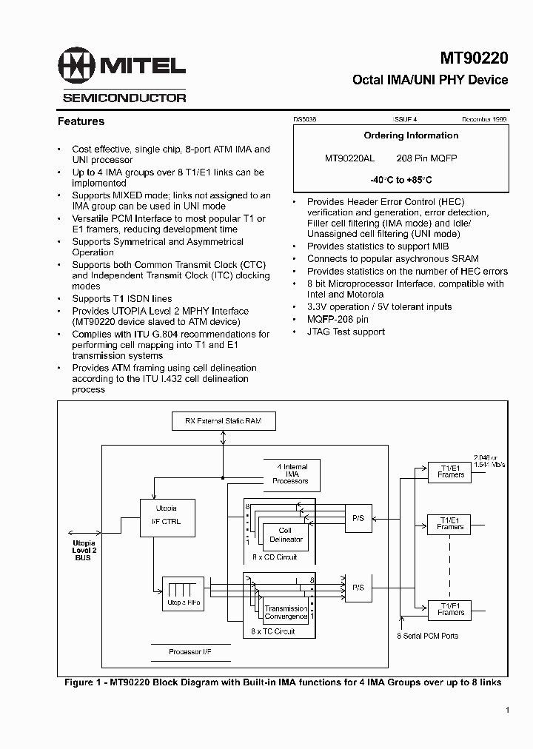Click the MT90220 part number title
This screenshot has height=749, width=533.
[474, 58]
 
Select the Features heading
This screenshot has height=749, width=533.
[81, 121]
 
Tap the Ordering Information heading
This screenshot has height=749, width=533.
[411, 135]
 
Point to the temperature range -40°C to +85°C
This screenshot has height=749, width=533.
[400, 180]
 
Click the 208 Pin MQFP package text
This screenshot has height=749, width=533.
[427, 158]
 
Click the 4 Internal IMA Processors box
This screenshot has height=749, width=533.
[290, 474]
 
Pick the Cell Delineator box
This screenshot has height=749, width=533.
[285, 535]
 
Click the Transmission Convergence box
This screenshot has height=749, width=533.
[286, 613]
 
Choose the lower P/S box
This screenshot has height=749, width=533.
[358, 587]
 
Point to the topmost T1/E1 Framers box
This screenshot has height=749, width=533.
[450, 471]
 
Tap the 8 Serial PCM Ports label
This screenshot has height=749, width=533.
[428, 636]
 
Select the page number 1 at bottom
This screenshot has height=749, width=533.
[507, 711]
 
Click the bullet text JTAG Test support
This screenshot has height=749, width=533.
[346, 332]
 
